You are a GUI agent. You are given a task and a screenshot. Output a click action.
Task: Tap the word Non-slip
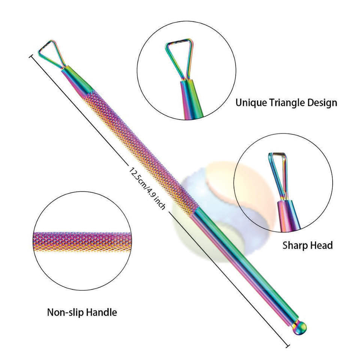[64, 312]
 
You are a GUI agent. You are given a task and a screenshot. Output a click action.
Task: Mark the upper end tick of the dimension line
[31, 56]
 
